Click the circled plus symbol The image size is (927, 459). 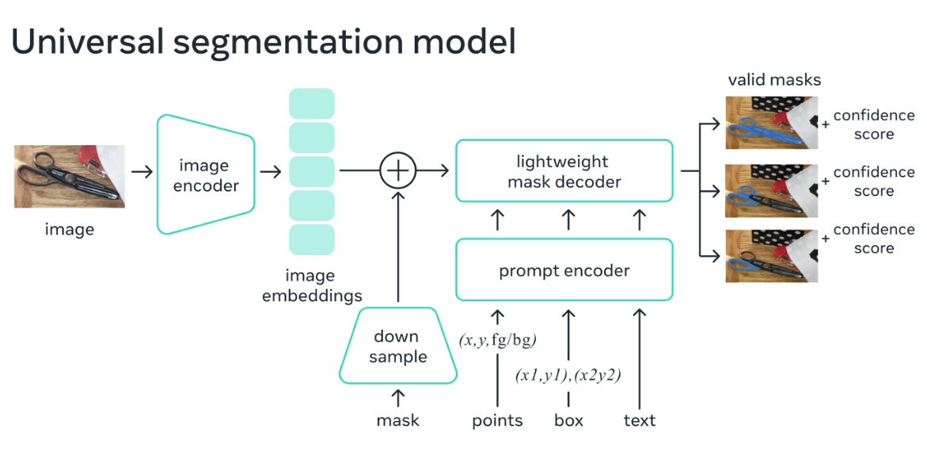(398, 170)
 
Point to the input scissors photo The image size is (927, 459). (70, 177)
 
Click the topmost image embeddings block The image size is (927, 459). (312, 104)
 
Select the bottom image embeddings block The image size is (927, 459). (312, 240)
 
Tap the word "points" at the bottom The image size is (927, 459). (497, 421)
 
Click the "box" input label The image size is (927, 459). (568, 420)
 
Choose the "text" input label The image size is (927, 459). (640, 420)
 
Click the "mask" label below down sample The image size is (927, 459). (398, 420)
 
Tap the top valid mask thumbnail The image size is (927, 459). (772, 122)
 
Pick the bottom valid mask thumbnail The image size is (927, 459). (772, 256)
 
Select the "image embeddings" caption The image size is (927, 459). (312, 285)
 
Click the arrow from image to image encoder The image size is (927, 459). (142, 172)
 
